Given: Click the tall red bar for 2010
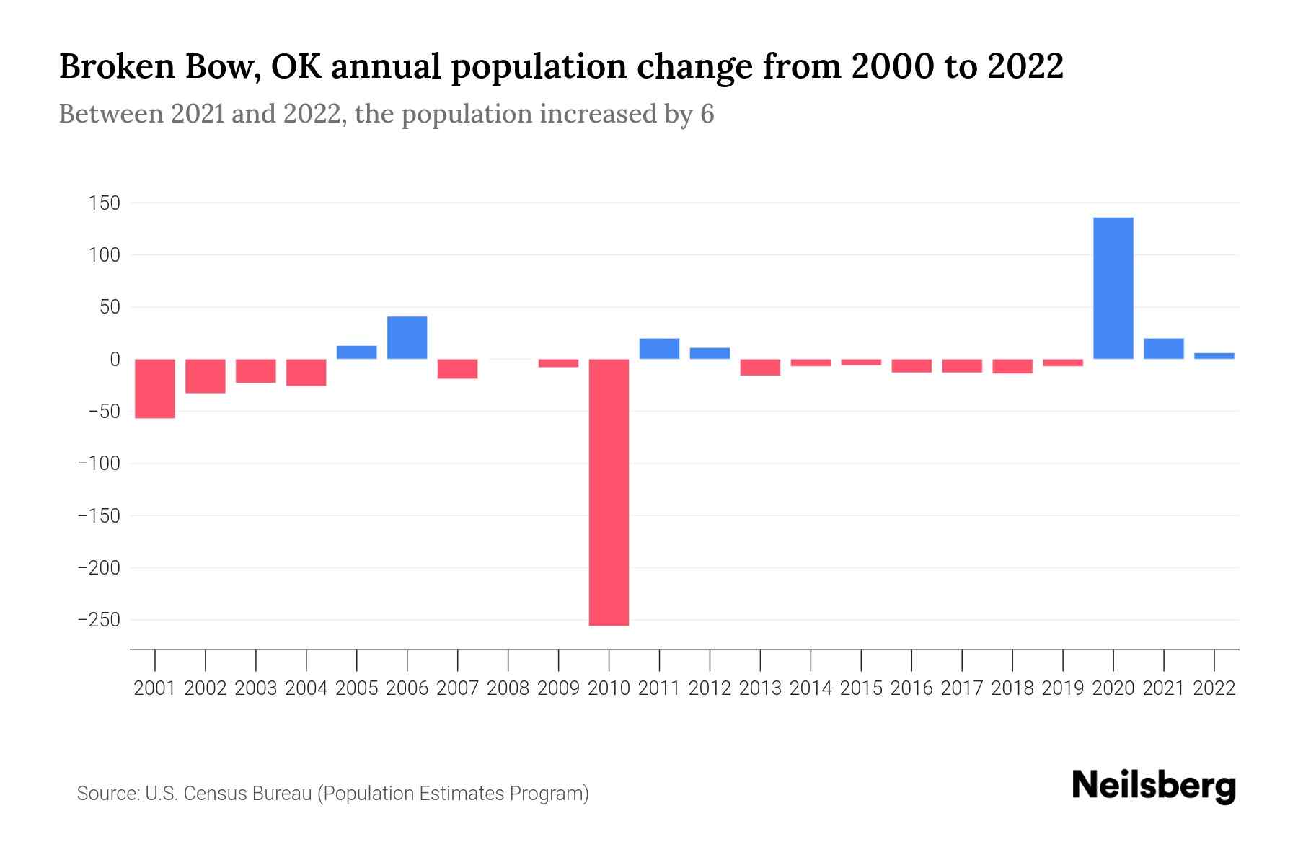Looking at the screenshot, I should click(x=609, y=492).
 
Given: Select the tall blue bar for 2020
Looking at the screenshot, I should click(x=1113, y=288).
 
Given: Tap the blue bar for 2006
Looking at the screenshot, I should click(x=407, y=337).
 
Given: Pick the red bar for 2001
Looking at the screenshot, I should click(x=155, y=388).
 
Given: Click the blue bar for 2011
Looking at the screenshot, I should click(x=659, y=348).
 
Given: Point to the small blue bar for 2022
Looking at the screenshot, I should click(x=1214, y=355).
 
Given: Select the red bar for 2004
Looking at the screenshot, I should click(x=306, y=372).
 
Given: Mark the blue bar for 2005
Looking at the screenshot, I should click(x=356, y=352).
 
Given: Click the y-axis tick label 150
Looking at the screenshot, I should click(x=104, y=203).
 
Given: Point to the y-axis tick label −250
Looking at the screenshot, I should click(x=99, y=620).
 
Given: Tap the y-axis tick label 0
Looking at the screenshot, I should click(x=114, y=359).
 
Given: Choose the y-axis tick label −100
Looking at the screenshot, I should click(x=99, y=463).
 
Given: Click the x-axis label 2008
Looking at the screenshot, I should click(x=508, y=688).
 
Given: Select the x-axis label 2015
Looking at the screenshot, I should click(x=861, y=688).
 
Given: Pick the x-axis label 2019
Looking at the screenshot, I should click(x=1062, y=688).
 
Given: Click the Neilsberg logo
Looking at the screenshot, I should click(x=1153, y=786).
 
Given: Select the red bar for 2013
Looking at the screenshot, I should click(x=760, y=367).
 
